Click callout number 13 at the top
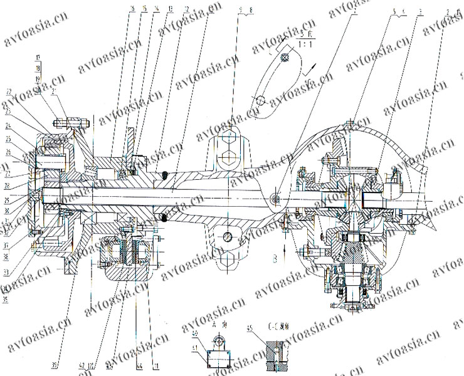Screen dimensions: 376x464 tap(154, 9)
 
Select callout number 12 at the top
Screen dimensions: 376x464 tap(169, 9)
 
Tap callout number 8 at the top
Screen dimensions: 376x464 tap(250, 10)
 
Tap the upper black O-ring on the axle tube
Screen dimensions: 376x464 tap(164, 175)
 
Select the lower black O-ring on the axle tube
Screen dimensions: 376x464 tap(164, 217)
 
